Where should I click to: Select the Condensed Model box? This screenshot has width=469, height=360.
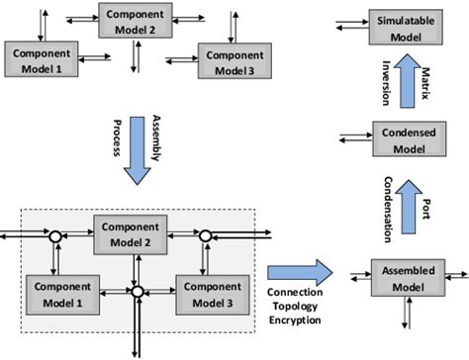(x=403, y=138)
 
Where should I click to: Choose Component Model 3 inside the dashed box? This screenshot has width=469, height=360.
(x=207, y=293)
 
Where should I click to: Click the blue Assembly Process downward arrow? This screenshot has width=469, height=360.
(x=139, y=158)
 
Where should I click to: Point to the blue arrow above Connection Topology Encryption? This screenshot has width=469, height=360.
(x=300, y=270)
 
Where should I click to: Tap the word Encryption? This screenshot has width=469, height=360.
(x=300, y=321)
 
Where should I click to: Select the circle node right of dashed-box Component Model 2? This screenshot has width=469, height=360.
(x=205, y=237)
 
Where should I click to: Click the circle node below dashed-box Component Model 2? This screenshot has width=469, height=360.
(x=136, y=291)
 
